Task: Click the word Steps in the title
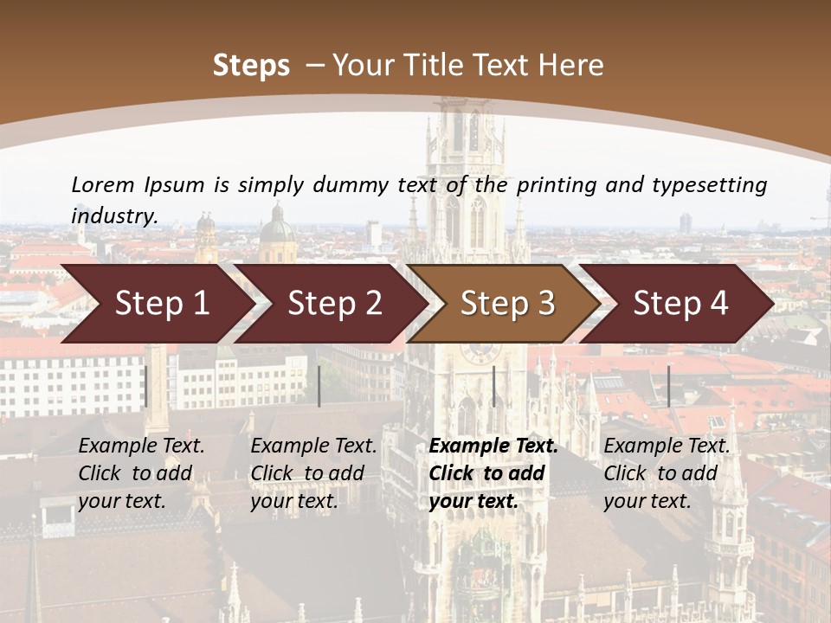click(251, 66)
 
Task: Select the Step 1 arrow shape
click(156, 303)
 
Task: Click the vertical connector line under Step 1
click(146, 386)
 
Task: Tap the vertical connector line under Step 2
click(319, 386)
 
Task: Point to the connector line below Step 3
click(494, 386)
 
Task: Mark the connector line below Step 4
click(668, 386)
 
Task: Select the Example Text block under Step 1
click(141, 473)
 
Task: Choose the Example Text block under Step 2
click(313, 473)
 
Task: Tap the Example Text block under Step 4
click(667, 473)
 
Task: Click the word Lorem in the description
click(103, 184)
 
